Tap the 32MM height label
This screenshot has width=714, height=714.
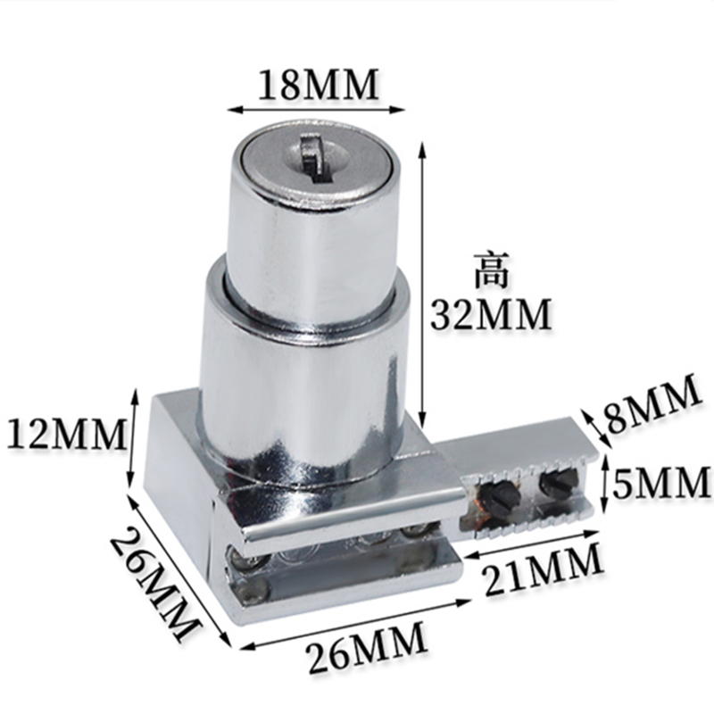pos(490,313)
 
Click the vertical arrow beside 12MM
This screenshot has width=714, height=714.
pos(135,437)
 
